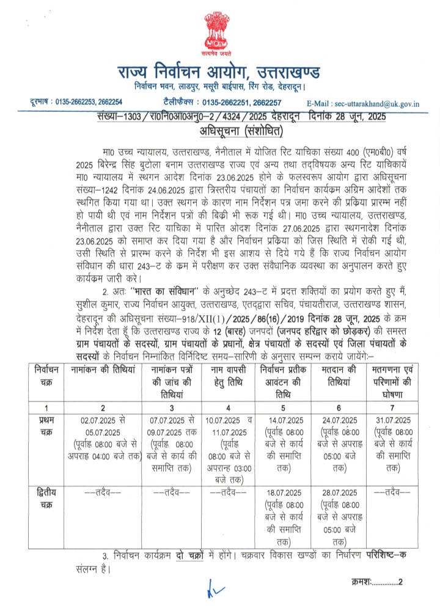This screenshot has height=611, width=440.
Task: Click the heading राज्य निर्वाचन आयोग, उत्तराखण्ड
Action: pyautogui.click(x=219, y=73)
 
